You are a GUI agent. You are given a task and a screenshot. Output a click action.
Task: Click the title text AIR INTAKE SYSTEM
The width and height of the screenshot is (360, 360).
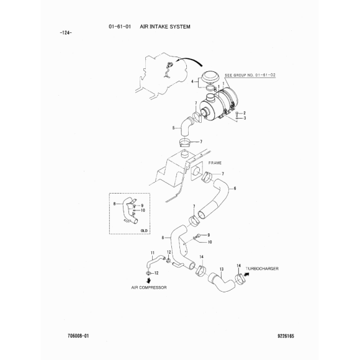point(165,27)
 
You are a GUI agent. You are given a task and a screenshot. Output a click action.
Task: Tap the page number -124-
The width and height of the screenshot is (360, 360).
point(66,33)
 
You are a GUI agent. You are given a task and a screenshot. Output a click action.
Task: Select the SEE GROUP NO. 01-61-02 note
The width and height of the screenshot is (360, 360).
point(250,75)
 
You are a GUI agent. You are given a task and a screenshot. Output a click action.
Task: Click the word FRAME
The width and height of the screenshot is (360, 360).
point(215,163)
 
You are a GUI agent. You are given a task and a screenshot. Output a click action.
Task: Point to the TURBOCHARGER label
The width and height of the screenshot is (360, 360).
point(262,268)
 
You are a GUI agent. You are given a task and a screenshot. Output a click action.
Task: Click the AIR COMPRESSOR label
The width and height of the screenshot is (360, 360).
point(149,287)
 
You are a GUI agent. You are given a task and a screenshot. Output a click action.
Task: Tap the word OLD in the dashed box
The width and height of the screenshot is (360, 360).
point(144,230)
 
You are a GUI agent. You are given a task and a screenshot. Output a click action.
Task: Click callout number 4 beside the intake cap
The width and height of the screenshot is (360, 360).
point(192,81)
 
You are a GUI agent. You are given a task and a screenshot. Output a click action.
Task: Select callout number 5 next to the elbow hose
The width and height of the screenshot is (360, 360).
point(174,128)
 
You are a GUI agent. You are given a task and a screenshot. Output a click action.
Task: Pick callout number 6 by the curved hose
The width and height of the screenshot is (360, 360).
point(235,189)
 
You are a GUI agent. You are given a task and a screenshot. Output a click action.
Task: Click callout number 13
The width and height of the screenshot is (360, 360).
point(222,269)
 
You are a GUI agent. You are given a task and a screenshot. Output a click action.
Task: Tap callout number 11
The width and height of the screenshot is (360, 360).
point(153,253)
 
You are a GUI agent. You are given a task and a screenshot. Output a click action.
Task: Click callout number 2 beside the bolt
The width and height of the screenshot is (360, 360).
point(245,113)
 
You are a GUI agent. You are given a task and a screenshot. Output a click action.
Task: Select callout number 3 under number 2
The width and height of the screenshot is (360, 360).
point(245,118)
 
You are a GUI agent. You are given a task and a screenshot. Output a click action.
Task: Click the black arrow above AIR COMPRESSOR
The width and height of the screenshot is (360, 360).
point(149,280)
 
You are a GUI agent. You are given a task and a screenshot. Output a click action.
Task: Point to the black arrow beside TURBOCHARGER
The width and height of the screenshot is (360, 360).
point(246,274)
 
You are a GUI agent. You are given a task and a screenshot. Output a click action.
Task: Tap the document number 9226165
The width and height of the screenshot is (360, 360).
point(286,336)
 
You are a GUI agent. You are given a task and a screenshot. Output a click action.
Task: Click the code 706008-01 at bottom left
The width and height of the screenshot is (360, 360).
point(78,336)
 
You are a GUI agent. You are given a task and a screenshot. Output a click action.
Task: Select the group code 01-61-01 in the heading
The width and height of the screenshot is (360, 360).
point(120,27)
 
